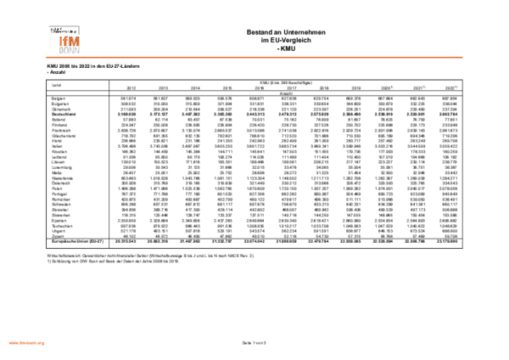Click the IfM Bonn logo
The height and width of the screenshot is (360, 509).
64,39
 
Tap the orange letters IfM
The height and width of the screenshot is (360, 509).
70,41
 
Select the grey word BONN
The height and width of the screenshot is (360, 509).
70,50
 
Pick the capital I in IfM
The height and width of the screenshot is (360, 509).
61,41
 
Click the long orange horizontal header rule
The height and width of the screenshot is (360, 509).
255,57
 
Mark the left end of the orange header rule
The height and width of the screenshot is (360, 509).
47,57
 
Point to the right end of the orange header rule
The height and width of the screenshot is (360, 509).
462,57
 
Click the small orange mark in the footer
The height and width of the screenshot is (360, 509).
26,343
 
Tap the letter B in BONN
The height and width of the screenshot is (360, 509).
61,50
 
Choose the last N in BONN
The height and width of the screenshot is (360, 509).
77,50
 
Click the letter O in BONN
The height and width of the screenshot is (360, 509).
66,50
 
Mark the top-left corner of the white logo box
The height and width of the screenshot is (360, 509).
48,24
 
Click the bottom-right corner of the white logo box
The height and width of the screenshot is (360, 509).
81,54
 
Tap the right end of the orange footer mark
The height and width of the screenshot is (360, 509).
44,343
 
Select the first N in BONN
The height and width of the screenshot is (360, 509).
71,50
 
